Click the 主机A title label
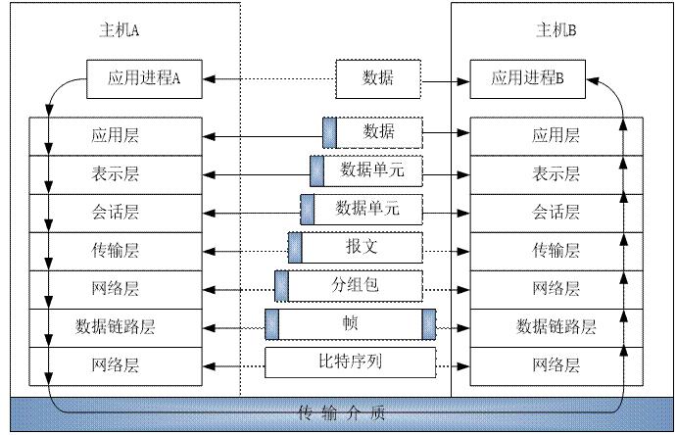click(121, 30)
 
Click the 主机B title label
click(556, 30)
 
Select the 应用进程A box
click(144, 79)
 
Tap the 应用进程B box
click(528, 79)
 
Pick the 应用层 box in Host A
click(116, 135)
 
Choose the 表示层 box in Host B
click(556, 173)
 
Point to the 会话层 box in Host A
click(116, 212)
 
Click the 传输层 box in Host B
click(556, 250)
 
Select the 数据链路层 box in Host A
click(116, 326)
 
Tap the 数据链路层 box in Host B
click(556, 326)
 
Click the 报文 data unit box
click(361, 248)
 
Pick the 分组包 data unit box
click(355, 286)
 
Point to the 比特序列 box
click(350, 364)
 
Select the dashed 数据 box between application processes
click(379, 77)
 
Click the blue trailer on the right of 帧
click(429, 324)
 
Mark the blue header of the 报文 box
click(295, 248)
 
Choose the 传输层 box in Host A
click(116, 250)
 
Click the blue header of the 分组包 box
click(282, 286)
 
